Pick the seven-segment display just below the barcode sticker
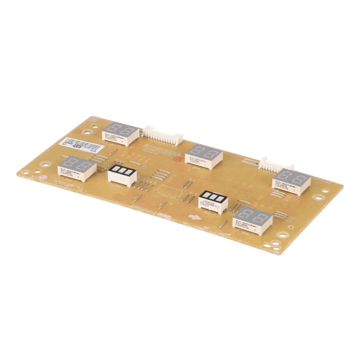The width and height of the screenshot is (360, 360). click(x=78, y=169)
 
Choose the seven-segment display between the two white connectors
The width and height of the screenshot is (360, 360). click(x=204, y=154)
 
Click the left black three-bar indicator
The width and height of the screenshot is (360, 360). click(x=122, y=174)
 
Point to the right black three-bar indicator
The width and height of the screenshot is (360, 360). click(x=215, y=199)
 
